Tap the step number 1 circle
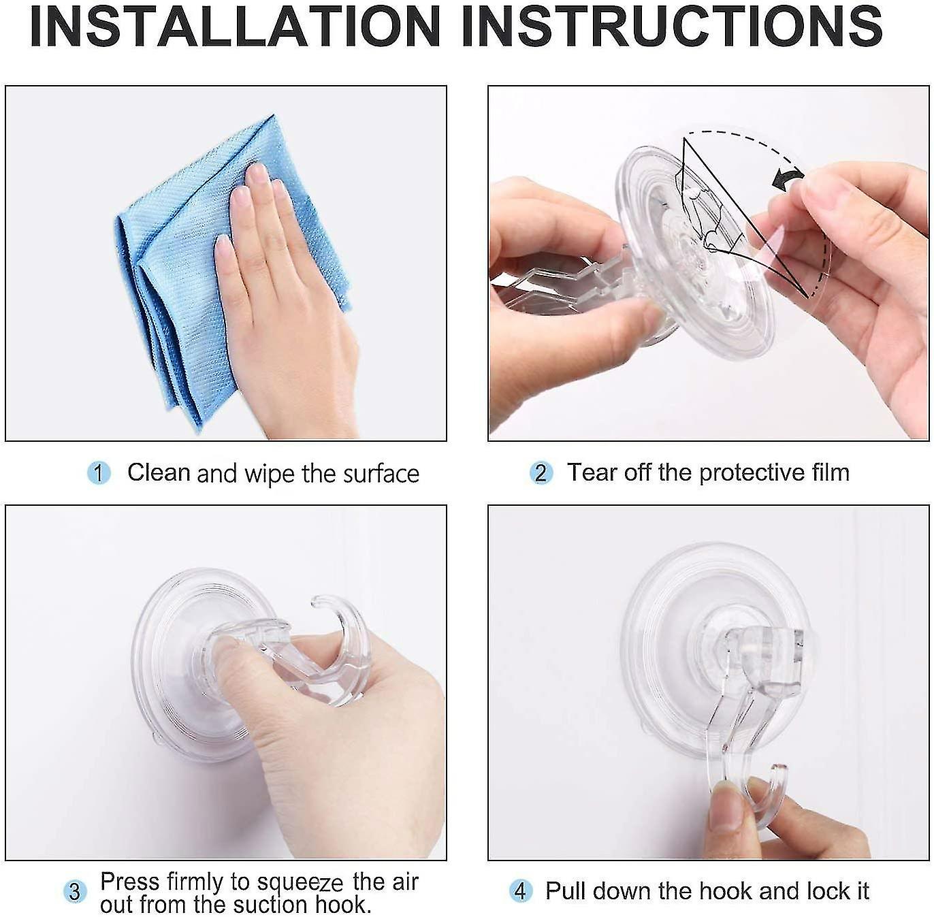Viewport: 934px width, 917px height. click(x=99, y=473)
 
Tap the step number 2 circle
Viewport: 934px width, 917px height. click(x=541, y=473)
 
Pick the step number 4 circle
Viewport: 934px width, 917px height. click(x=521, y=891)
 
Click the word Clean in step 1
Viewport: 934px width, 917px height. click(x=159, y=472)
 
